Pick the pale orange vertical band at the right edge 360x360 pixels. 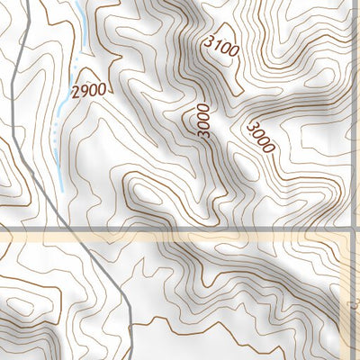[x=354, y=297]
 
